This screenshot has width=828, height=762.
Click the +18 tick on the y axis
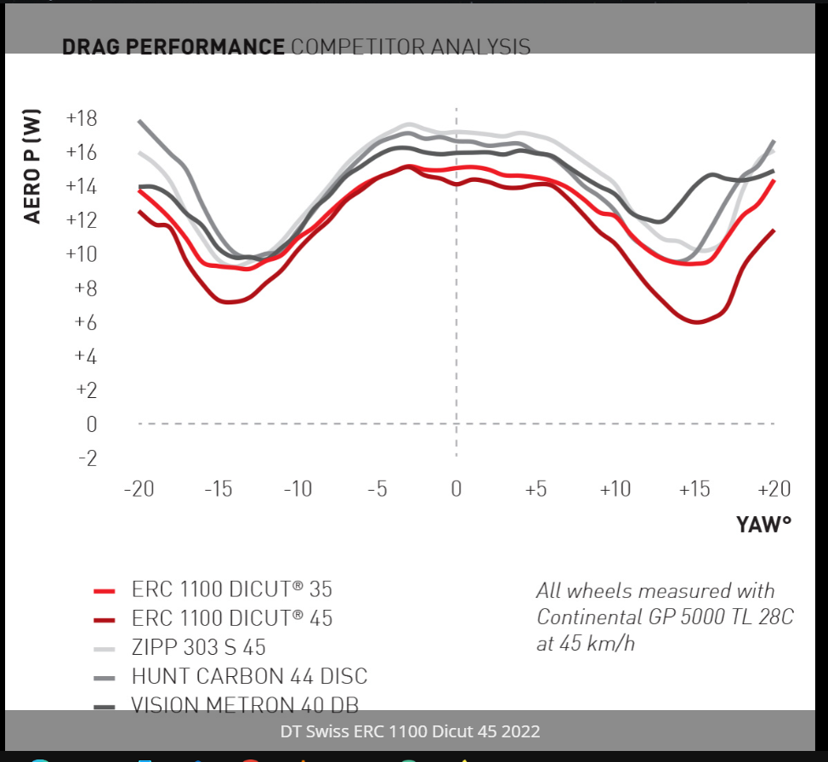[81, 118]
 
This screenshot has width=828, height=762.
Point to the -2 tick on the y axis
[86, 458]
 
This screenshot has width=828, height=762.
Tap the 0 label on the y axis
[91, 424]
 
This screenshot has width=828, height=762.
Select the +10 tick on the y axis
[81, 254]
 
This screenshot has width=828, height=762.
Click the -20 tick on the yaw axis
[139, 489]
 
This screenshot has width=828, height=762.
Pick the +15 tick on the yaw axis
[694, 489]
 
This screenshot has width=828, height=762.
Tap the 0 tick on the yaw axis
[457, 489]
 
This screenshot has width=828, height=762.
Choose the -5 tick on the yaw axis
[377, 489]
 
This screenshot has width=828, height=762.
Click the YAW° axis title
[763, 525]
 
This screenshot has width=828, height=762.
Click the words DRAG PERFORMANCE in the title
[173, 46]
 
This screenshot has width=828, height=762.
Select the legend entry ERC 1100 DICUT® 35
[232, 589]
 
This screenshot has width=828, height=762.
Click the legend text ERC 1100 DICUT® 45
[232, 618]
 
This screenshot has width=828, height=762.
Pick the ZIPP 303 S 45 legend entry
[199, 647]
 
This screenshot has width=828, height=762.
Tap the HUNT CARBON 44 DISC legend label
[249, 676]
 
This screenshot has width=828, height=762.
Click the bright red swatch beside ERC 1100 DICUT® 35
[104, 590]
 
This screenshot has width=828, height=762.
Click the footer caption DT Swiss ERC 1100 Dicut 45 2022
[410, 731]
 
